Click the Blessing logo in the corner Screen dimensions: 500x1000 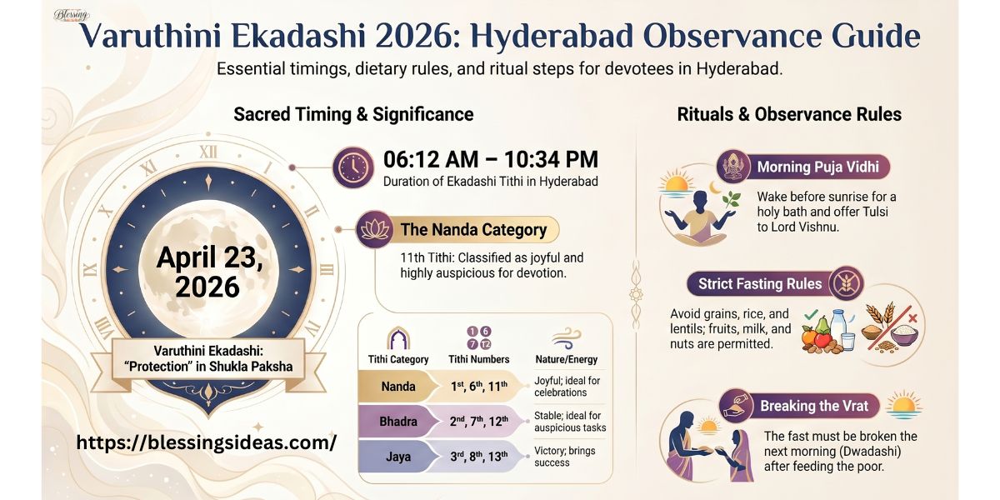click(71, 15)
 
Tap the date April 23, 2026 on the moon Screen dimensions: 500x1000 click(209, 272)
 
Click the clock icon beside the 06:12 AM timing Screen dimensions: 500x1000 click(352, 167)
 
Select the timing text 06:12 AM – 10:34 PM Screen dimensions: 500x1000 click(490, 160)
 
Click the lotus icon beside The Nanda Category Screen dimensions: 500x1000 click(375, 229)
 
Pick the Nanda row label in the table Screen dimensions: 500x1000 click(398, 387)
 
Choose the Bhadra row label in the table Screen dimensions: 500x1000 click(398, 422)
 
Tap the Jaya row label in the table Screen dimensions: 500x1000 click(398, 457)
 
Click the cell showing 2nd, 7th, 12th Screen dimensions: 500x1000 click(479, 422)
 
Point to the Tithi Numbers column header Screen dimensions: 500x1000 click(479, 359)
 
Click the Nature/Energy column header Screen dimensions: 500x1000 click(569, 359)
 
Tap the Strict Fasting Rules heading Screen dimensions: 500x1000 click(759, 284)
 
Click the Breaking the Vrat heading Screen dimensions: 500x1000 click(813, 407)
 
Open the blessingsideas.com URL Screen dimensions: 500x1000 click(206, 442)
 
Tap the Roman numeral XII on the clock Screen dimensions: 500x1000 click(207, 152)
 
